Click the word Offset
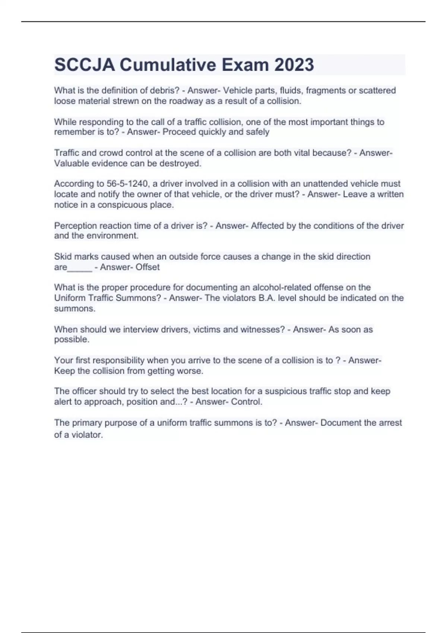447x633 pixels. pos(148,267)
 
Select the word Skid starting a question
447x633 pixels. pos(62,257)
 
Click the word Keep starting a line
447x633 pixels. pos(64,371)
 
